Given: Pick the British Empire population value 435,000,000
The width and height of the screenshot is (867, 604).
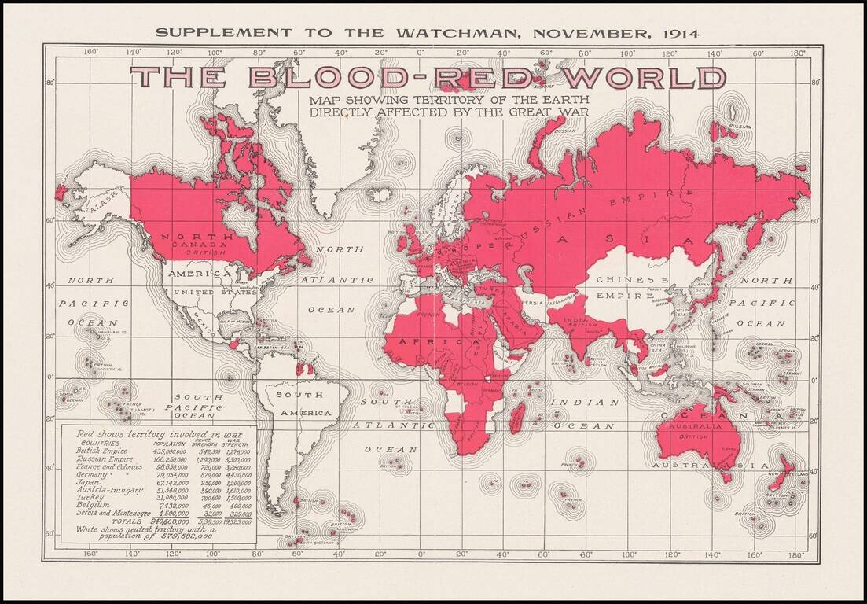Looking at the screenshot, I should (168, 451).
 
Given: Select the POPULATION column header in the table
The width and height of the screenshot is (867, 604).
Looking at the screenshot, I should (167, 444).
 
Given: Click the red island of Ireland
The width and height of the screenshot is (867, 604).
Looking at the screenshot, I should (402, 241).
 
